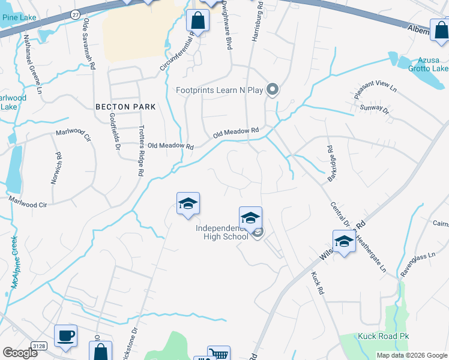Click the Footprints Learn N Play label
coord(220,91)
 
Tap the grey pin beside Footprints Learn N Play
coord(273,90)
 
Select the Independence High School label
coord(222,232)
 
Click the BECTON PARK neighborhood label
coord(125,107)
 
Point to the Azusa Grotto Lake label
coord(429,65)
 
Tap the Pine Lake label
coord(19,17)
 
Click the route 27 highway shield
coord(74,13)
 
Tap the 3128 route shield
coord(40,346)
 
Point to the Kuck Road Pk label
coord(384,337)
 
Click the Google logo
coord(20,353)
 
